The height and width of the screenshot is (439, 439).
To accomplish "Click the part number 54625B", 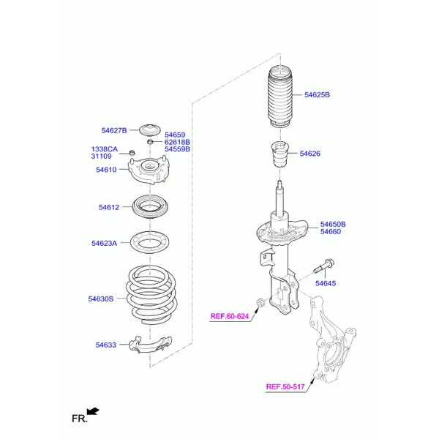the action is (317, 95).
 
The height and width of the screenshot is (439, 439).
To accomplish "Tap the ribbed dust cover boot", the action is (280, 97).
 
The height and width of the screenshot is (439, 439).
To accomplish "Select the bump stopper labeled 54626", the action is (280, 154).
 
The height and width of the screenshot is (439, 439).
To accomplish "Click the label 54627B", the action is (114, 130).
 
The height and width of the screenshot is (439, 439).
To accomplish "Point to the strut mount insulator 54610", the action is (149, 170).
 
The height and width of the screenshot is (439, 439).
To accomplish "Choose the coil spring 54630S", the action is (151, 295).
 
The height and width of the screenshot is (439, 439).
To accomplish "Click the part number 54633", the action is (106, 345).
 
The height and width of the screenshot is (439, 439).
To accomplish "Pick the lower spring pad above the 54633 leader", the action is (150, 345).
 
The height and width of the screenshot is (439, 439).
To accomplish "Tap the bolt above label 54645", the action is (324, 266).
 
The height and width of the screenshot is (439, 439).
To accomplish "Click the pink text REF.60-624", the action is (230, 316).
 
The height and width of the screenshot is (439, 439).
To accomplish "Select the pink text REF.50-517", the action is (285, 387).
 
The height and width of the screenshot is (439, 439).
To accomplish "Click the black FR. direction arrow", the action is (93, 411).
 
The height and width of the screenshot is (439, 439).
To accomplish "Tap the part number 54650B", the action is (333, 225).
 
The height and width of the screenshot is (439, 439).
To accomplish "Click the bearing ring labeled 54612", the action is (150, 206).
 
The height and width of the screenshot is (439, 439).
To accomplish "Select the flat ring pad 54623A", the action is (150, 242).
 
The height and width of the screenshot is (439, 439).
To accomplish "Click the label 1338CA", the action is (105, 149).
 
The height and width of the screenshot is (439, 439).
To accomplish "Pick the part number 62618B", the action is (177, 142).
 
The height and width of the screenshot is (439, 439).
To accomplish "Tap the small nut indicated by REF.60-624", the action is (260, 303).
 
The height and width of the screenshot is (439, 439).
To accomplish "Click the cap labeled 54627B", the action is (150, 130).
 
